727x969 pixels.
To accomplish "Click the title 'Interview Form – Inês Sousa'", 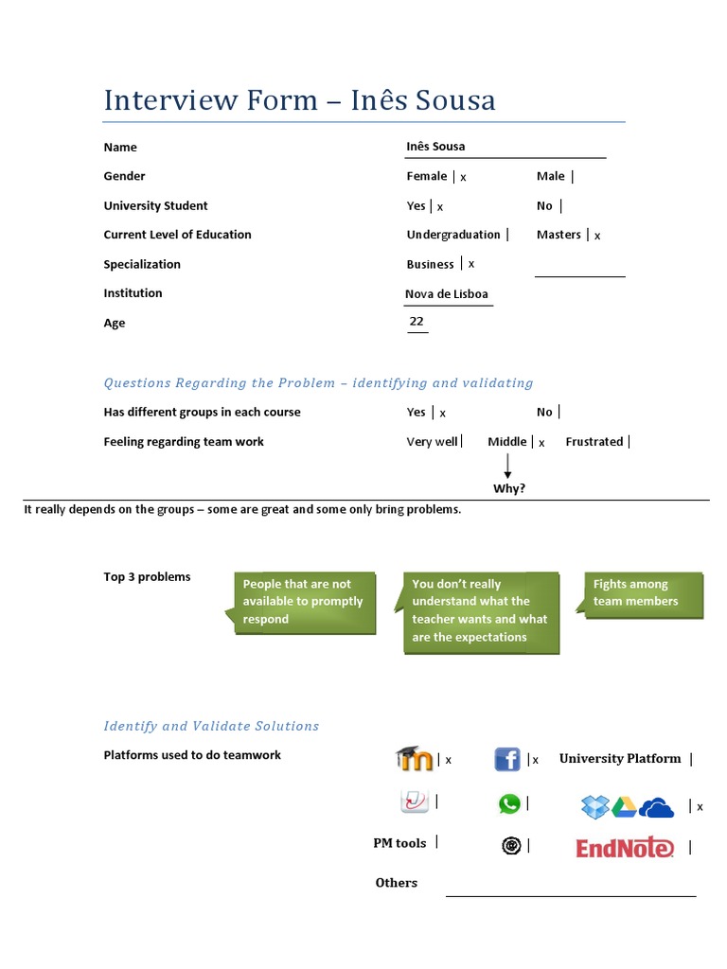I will click(x=299, y=99).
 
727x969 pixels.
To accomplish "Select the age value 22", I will click(x=417, y=322).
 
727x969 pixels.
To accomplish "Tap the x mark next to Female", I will click(x=464, y=177).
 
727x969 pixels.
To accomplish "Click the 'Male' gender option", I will click(x=550, y=176).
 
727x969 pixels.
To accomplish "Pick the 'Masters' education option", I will click(x=559, y=235).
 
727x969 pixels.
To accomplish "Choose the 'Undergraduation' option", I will click(x=453, y=235).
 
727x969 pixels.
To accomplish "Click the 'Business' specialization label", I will click(x=431, y=264).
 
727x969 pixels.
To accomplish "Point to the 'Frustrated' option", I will click(x=594, y=441).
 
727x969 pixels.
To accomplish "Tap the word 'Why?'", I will click(x=509, y=488).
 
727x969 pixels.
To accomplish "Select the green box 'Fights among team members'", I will click(x=644, y=593).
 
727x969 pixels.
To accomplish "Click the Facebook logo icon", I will click(x=507, y=759).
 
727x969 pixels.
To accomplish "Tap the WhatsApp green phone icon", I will click(x=509, y=804).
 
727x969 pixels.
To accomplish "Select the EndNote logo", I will click(x=625, y=848).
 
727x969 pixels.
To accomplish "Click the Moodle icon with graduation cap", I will click(x=414, y=758).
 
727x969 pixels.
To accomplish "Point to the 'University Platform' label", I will click(x=620, y=758).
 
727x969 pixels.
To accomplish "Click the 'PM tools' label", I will click(x=399, y=843).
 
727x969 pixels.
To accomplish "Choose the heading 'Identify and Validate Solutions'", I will click(x=211, y=726).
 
